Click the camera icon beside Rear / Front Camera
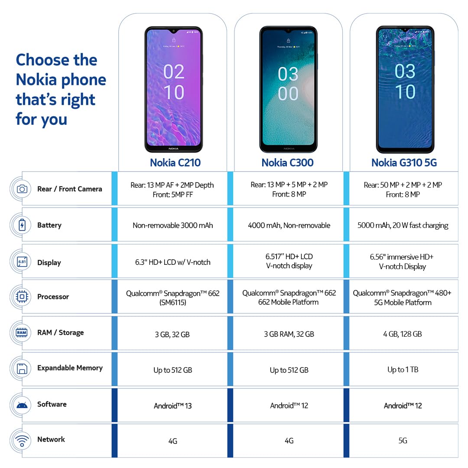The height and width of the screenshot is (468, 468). tap(22, 189)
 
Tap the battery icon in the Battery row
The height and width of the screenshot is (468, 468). tap(22, 225)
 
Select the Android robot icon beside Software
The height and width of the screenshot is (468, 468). tap(22, 405)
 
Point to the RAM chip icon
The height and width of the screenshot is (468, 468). tap(22, 332)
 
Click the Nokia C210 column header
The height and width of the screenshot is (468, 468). tap(175, 162)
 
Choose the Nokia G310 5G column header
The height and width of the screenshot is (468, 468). tap(404, 162)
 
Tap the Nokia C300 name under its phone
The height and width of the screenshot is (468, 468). tap(287, 162)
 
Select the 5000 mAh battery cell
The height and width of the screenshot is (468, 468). tap(403, 225)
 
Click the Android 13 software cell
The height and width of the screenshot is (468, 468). tap(172, 406)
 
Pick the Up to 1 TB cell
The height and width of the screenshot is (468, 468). tap(403, 370)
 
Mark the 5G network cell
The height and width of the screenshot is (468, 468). tap(403, 441)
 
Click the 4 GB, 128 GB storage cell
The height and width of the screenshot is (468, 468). tap(402, 334)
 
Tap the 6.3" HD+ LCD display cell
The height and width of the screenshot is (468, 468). tap(172, 262)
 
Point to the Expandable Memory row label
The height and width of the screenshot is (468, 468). tap(70, 368)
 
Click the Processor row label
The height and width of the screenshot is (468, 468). tap(53, 297)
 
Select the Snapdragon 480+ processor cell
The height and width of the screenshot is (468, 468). tap(402, 298)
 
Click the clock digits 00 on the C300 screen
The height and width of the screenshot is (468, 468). tap(288, 94)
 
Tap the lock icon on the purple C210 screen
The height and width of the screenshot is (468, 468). tap(174, 40)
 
